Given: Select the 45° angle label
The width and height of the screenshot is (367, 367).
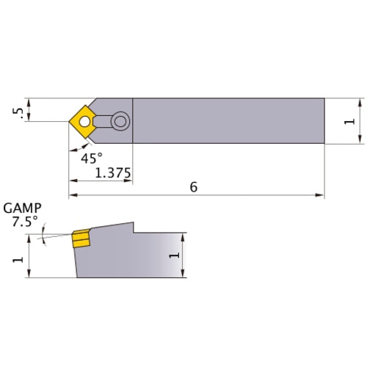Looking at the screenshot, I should tap(91, 157).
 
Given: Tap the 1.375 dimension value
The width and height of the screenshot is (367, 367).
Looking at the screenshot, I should tap(113, 174).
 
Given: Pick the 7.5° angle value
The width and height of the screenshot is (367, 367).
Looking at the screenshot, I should tap(24, 222).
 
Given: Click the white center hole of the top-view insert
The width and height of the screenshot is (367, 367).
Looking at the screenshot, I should tap(86, 121).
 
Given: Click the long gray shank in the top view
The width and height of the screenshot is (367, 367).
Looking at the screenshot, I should tap(228, 121).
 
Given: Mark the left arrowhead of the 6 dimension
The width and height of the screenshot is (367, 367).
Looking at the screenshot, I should tap(73, 196).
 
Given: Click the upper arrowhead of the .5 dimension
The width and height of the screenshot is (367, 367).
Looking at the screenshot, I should tap(29, 101).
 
